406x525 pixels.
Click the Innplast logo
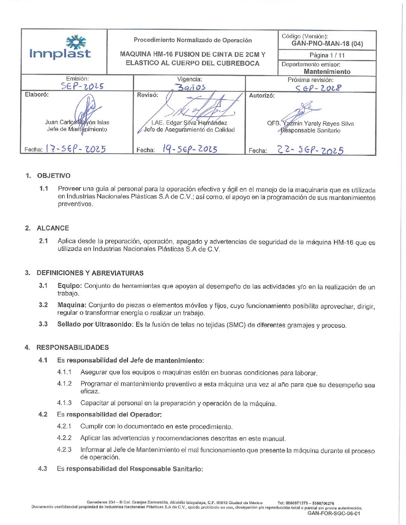tap(60, 48)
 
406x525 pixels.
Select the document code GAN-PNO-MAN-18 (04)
tap(327, 44)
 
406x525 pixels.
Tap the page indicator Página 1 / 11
tap(327, 55)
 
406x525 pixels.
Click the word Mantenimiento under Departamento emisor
tap(327, 72)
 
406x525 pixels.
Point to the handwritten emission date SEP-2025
tap(82, 86)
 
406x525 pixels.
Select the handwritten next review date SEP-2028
tap(318, 88)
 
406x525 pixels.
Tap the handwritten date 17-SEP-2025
tap(76, 149)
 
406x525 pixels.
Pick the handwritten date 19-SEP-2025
tap(190, 149)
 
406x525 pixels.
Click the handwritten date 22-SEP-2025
tap(310, 150)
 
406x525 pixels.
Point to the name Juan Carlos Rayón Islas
tap(77, 122)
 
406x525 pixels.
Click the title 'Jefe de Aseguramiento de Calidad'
tap(189, 130)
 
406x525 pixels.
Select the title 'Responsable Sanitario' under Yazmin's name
tap(310, 131)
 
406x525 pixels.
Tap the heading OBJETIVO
tap(54, 176)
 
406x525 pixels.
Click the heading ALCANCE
tap(53, 228)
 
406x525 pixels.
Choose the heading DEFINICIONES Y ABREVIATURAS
tap(90, 273)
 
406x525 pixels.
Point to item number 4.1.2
tap(64, 384)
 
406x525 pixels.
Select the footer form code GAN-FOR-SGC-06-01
tap(334, 513)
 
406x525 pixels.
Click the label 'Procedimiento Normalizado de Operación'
tap(193, 40)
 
